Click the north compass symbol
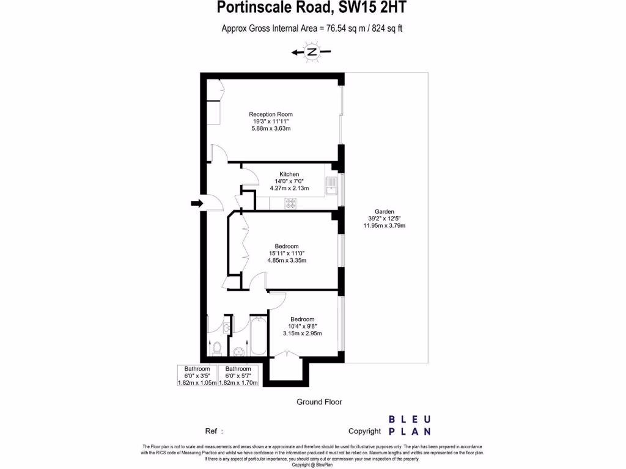point(312,53)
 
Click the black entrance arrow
point(196,203)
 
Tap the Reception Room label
point(271,114)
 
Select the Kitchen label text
point(289,175)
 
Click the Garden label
point(385,211)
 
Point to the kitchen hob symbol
point(290,203)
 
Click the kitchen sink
point(331,184)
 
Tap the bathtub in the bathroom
point(258,338)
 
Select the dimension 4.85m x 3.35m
point(287,261)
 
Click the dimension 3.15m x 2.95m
point(302,333)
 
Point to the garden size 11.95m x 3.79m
point(385,226)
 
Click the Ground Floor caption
point(319,402)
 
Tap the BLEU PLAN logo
point(410,426)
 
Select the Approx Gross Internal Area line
point(312,28)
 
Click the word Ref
point(210,431)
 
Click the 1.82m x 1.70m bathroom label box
point(238,376)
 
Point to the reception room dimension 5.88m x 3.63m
point(271,129)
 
